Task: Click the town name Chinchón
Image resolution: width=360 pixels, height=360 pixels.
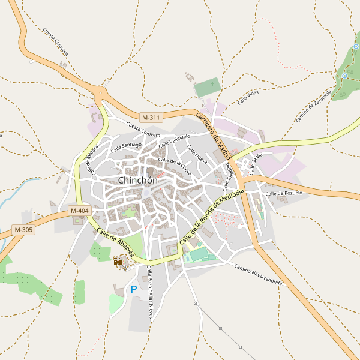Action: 138,180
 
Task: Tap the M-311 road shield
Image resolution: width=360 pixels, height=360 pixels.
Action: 151,117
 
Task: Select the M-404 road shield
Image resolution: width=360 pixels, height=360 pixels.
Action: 79,211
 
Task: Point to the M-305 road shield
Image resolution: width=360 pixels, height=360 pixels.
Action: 24,230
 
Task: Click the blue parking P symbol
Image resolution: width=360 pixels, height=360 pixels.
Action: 133,289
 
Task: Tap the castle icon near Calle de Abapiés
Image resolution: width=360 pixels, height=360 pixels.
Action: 119,262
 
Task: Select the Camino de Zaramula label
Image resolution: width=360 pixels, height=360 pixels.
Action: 314,106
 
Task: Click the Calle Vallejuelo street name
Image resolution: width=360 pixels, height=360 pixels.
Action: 174,141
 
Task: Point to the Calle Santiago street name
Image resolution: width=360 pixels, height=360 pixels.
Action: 125,146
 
